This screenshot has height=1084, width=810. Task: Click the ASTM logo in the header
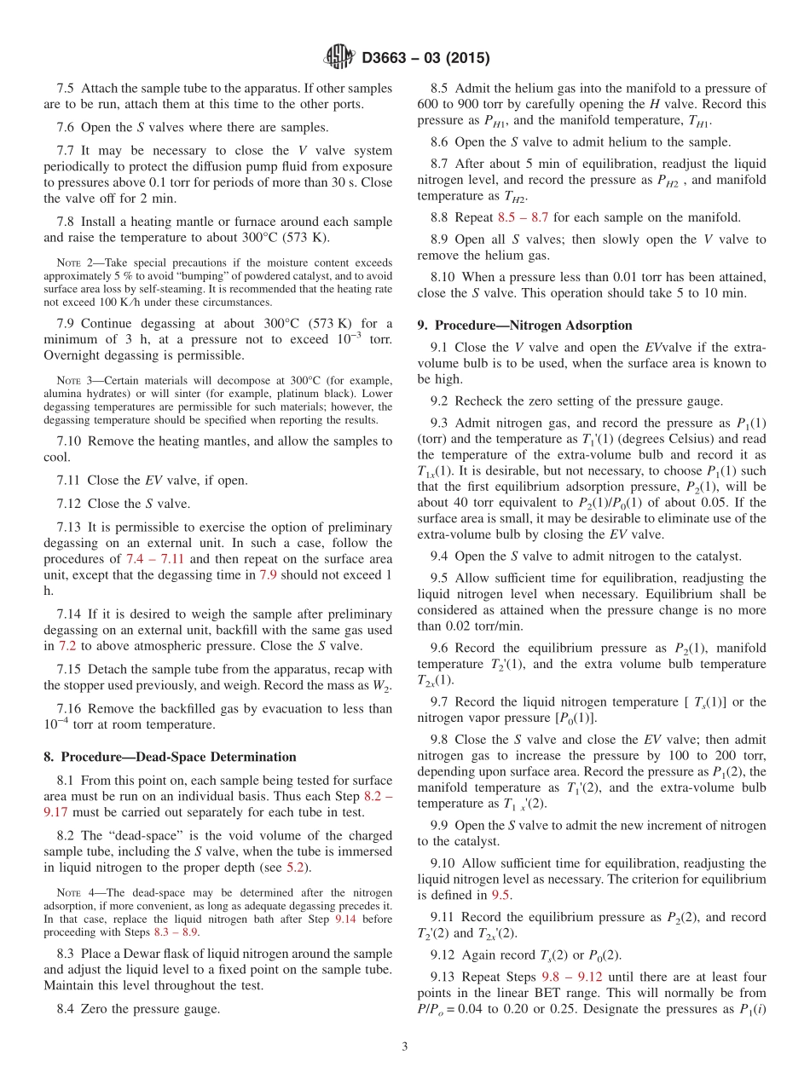tap(338, 59)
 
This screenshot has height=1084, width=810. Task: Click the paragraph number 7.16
tap(69, 708)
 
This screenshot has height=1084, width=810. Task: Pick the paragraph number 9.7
tap(441, 702)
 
